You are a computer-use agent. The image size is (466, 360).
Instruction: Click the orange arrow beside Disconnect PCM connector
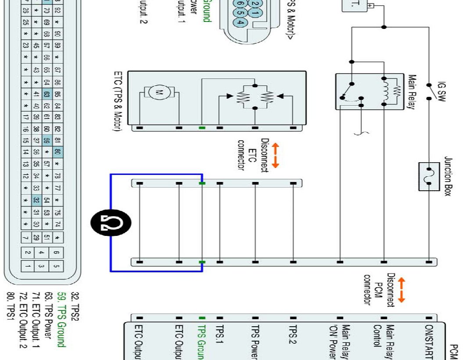(401, 289)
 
